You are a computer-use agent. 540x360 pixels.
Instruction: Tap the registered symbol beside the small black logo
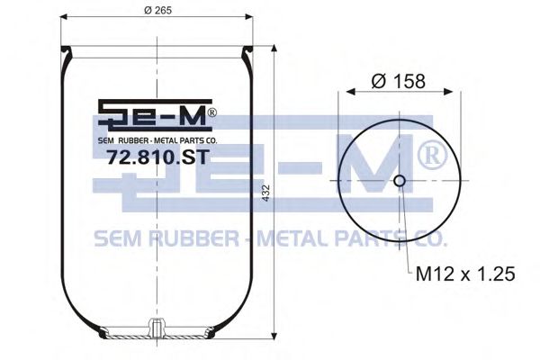click(x=211, y=114)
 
